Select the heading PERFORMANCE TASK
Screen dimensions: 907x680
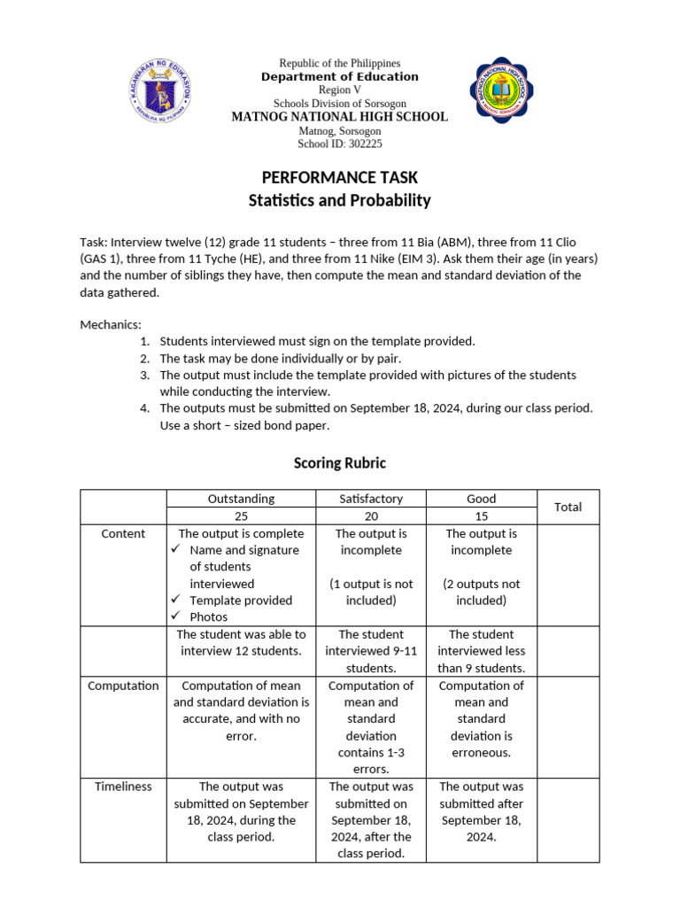[340, 178]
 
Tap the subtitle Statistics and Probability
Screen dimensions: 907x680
[340, 200]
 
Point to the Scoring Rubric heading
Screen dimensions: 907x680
[340, 463]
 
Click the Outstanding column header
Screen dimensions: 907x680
[241, 499]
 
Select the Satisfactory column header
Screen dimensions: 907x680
[370, 499]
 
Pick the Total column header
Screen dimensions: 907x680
[568, 507]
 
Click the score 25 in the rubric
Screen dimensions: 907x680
[241, 516]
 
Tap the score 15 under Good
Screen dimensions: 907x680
[481, 516]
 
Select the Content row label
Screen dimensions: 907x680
[124, 533]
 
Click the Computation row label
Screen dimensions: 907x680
[124, 686]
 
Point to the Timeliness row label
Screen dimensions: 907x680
[124, 787]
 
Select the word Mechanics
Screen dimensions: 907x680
[110, 324]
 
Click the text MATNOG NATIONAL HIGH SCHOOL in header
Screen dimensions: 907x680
[340, 117]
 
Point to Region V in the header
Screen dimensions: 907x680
[340, 90]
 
